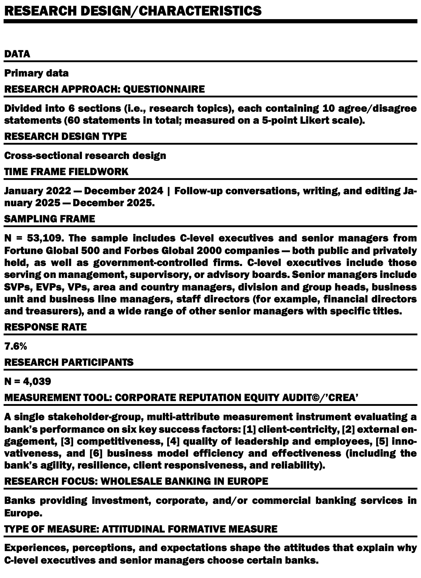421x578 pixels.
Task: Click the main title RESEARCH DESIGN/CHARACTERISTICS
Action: (133, 11)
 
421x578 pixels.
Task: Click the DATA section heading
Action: (17, 54)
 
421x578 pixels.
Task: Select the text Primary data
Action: (36, 73)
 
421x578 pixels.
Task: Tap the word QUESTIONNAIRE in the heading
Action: (164, 89)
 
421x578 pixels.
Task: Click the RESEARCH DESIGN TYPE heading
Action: (65, 136)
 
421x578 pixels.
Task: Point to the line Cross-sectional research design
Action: (85, 155)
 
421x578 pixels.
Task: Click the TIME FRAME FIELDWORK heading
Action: (66, 172)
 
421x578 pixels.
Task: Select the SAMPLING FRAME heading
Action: (49, 219)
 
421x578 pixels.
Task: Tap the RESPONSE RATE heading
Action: (45, 327)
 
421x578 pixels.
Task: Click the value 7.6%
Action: (16, 346)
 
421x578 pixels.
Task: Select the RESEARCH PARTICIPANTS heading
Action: (69, 362)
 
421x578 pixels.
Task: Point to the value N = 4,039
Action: (28, 381)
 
